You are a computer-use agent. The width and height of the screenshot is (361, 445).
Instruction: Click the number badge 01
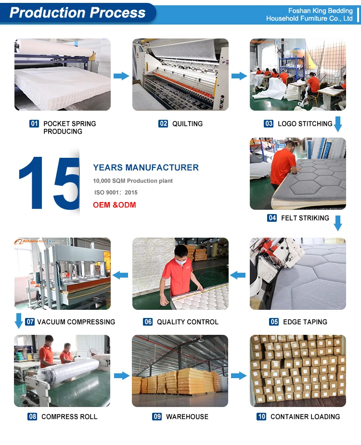point(34,124)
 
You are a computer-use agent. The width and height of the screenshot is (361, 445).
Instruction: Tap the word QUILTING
point(187,124)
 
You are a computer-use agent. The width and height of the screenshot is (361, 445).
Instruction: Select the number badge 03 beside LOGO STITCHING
point(269,124)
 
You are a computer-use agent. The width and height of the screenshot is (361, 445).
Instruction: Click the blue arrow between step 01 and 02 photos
point(121,76)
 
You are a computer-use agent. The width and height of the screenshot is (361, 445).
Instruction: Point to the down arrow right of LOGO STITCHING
point(338,124)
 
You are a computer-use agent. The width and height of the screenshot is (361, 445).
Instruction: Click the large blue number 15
point(49,183)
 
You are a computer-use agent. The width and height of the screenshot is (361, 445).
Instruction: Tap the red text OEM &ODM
point(115,205)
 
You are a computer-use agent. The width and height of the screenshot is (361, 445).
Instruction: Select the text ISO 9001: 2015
point(116,192)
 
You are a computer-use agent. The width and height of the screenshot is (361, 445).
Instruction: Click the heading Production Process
point(77,13)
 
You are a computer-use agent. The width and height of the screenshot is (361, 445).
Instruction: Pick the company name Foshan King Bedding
point(321,11)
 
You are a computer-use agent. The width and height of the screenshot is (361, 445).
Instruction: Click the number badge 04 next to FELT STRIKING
point(272,217)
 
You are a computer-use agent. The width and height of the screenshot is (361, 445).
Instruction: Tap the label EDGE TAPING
point(305,322)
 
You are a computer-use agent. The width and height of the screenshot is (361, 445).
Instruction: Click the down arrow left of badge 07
point(19,321)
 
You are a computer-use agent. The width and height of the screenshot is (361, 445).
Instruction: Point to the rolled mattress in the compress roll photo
point(69,370)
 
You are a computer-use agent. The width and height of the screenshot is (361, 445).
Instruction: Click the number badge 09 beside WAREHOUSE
point(157,416)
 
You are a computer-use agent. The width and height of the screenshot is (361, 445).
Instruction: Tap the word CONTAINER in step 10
point(287,417)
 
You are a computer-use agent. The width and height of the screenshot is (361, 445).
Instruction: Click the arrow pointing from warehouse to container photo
point(239,376)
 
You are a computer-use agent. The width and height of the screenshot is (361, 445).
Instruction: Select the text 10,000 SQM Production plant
point(133,181)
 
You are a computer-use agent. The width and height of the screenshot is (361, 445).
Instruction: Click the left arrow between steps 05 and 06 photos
point(238,275)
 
